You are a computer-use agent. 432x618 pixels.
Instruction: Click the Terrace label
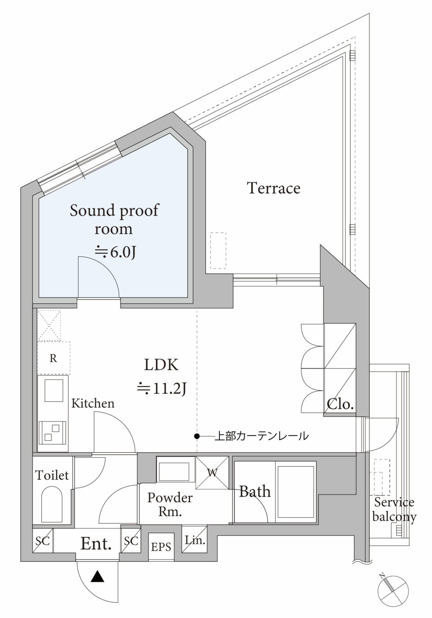tap(274, 188)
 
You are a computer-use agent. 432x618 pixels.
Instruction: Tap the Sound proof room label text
tap(114, 220)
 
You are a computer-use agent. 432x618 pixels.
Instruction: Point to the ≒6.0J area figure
tap(115, 252)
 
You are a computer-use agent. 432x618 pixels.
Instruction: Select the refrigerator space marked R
tap(54, 358)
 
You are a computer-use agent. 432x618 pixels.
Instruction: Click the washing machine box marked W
tap(212, 473)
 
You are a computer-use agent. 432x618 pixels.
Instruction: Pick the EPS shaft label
tap(161, 547)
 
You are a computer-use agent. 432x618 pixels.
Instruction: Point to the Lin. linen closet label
tap(195, 540)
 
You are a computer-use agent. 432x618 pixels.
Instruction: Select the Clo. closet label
tap(340, 404)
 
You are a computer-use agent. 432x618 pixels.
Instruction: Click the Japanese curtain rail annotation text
tap(261, 436)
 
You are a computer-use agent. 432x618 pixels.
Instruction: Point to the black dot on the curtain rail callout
tap(197, 436)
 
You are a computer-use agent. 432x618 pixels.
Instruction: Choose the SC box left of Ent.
tap(43, 541)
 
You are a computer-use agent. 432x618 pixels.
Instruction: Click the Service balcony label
tap(394, 510)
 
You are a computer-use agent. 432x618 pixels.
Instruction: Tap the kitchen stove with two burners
tap(52, 433)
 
